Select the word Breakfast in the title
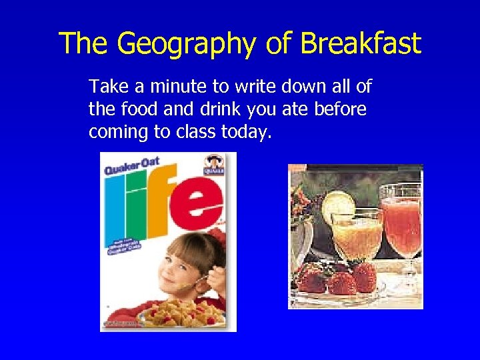coord(361,44)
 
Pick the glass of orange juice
coord(357,233)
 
